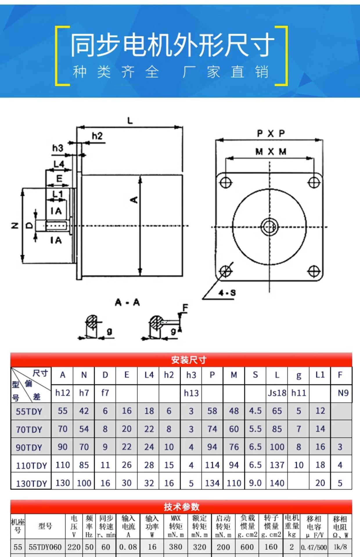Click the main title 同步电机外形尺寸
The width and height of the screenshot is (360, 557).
pos(172,45)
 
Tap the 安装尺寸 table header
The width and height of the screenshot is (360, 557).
pos(188,360)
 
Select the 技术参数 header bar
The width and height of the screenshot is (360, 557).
pos(181,507)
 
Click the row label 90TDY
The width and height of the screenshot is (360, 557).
pos(29,447)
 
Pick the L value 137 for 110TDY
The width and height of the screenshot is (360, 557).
pos(277,465)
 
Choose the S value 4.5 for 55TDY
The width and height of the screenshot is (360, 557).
pos(255,411)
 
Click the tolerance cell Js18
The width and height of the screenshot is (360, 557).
pos(277,393)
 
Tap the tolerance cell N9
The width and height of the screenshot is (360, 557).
pos(343,393)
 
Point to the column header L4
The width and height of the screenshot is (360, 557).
pos(149,375)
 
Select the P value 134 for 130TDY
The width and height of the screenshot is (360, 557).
pos(212,483)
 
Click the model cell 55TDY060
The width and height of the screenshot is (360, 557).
pos(45,547)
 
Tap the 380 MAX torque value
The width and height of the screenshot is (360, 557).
pos(175,547)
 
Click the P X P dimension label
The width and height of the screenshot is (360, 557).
pos(271,134)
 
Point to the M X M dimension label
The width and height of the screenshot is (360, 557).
pos(271,152)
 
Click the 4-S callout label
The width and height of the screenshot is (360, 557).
pos(227,293)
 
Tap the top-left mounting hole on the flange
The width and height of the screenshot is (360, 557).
pos(225,183)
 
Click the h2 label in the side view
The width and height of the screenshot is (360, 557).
pos(97,136)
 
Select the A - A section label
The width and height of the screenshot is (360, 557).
pos(127,303)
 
